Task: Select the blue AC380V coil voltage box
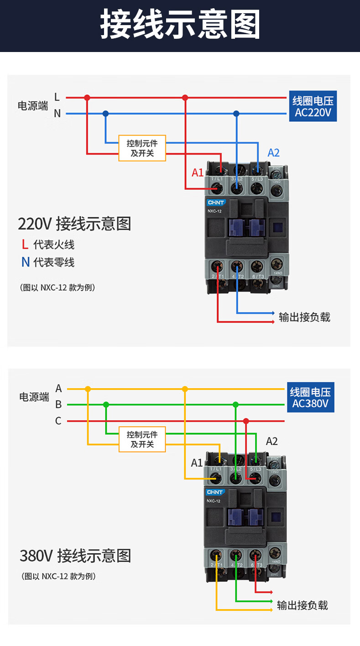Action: (310, 397)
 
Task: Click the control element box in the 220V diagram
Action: (142, 148)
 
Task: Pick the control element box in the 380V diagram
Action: (142, 439)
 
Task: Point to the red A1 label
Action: (197, 172)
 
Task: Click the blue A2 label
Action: (273, 153)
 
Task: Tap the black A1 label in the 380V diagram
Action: (197, 463)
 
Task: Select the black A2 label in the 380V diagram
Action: (271, 441)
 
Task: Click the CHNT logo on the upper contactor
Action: (215, 202)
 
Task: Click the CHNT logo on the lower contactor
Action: (214, 492)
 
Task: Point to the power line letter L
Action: (57, 97)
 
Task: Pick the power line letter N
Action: (57, 113)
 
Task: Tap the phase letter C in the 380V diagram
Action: (58, 421)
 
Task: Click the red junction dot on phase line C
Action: (246, 421)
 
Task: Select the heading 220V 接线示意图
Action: (74, 224)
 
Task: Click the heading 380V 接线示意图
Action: (75, 556)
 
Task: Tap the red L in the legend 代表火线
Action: (25, 245)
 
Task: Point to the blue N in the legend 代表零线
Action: (26, 262)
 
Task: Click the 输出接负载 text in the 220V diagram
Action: (304, 317)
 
